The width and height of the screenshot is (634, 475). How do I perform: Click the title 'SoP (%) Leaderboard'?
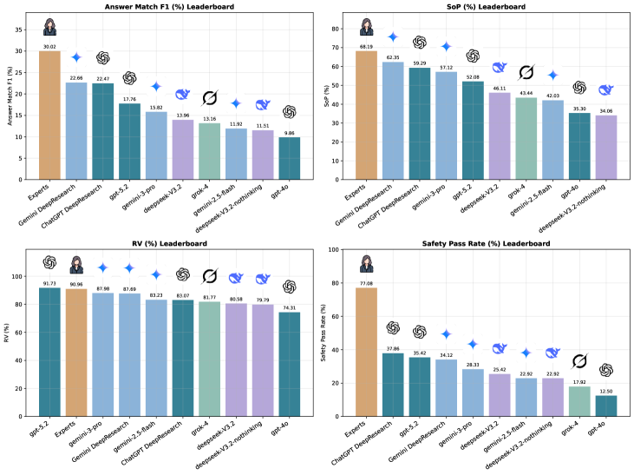point(478,10)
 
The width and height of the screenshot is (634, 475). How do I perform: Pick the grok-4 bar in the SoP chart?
point(526,138)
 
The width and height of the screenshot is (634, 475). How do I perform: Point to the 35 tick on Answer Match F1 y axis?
point(26,30)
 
